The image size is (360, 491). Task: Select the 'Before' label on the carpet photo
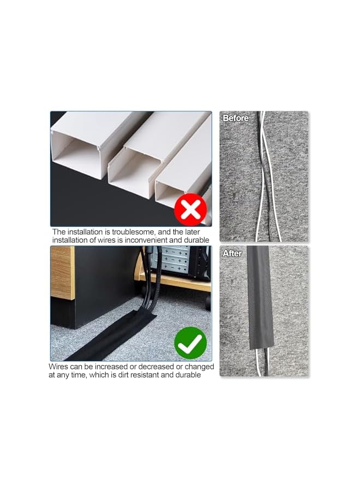point(236,118)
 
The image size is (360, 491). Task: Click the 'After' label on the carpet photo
point(232,253)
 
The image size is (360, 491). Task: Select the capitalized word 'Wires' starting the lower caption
point(59,367)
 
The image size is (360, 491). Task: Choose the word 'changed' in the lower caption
point(199,367)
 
